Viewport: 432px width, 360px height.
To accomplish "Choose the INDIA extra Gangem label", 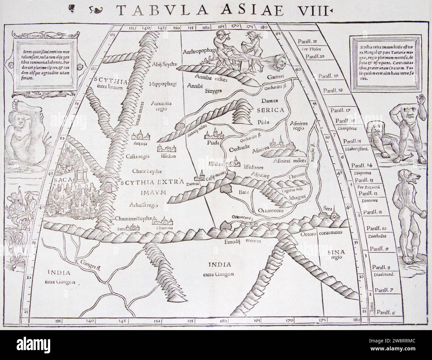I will point(214,268).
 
